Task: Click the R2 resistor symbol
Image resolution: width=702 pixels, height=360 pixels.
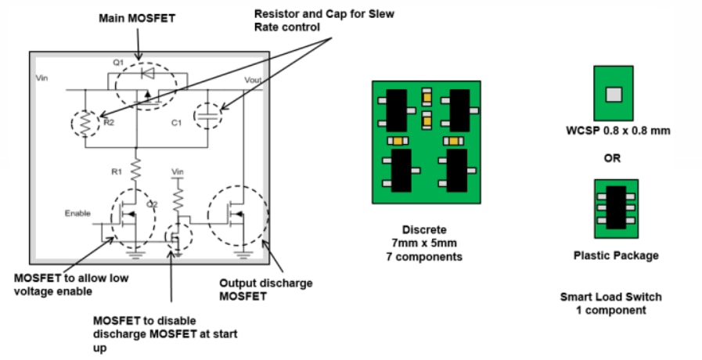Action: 85,122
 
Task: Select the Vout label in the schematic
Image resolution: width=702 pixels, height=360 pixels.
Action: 254,80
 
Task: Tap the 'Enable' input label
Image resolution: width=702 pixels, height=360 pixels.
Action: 78,213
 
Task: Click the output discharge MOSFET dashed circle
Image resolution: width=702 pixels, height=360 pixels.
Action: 238,213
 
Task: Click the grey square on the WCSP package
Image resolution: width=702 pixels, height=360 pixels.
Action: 614,94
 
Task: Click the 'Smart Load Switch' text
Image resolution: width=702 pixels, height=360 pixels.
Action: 610,297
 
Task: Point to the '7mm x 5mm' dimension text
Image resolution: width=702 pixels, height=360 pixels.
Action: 426,243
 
